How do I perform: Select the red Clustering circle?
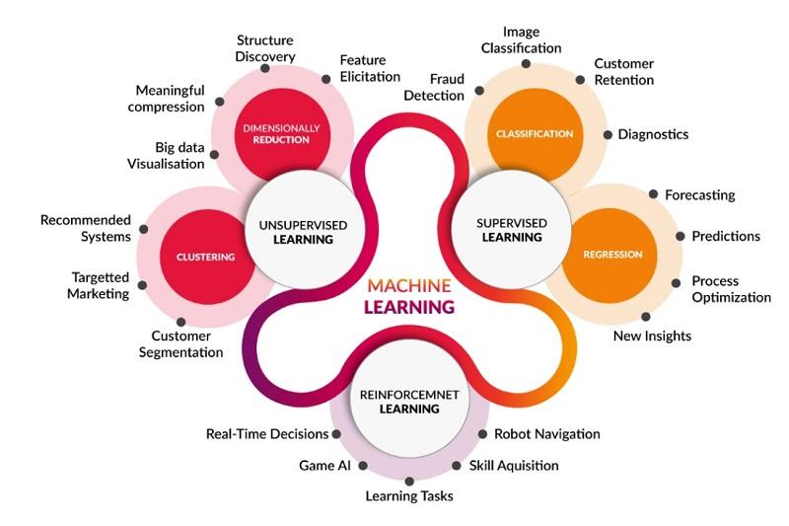coord(206,257)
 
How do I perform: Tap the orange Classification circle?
coord(534,133)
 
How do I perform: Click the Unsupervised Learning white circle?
coord(302,232)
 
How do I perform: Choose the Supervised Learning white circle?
coord(510,230)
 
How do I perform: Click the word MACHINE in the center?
coord(409,285)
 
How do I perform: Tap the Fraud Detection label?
coord(433,87)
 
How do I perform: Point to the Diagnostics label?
coord(653,134)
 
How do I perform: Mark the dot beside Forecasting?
coord(653,194)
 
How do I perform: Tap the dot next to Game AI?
coord(363,465)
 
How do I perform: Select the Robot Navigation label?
coord(546,433)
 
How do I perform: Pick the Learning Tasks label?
coord(409,495)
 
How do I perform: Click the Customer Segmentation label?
coord(181,344)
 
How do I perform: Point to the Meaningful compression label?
coord(157,99)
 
